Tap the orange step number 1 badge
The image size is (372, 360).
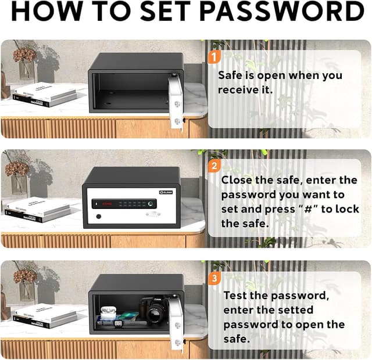pos(214,57)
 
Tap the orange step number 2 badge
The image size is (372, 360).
pos(214,166)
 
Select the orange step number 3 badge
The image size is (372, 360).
pos(214,278)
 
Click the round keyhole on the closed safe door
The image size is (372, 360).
pos(98,217)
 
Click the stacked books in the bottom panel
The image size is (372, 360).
pos(44,315)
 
